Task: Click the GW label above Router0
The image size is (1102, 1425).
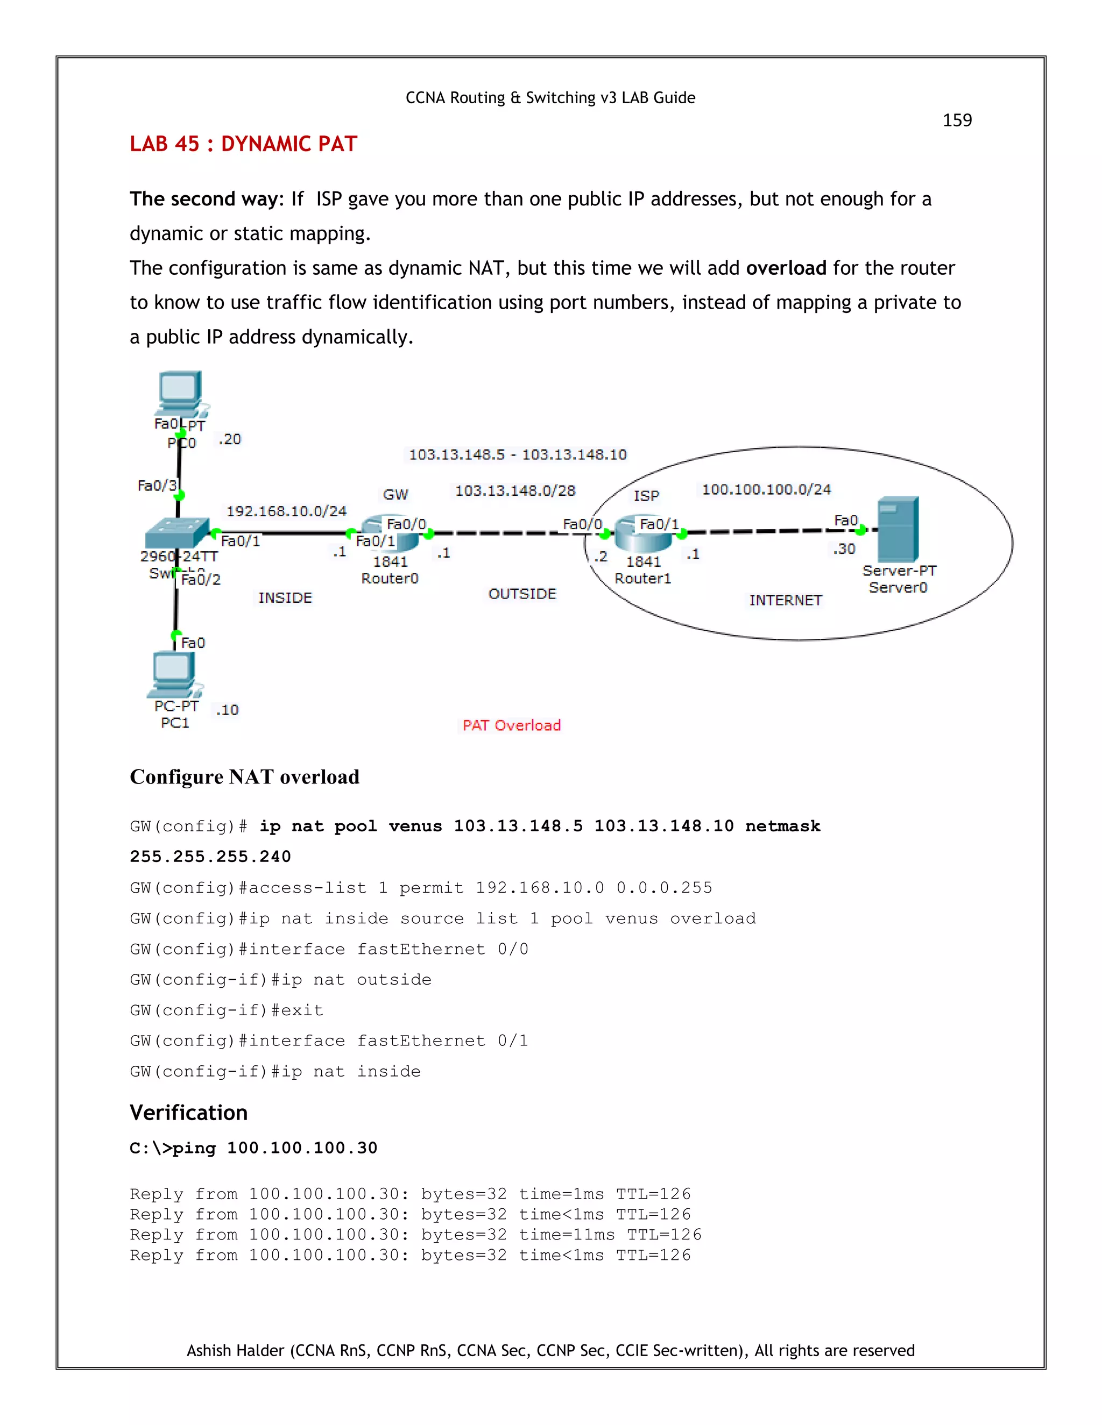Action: pos(395,495)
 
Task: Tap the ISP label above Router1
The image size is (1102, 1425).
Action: pos(646,496)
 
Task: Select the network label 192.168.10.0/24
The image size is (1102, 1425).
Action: pos(286,511)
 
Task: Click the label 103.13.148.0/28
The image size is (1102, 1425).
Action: pos(514,490)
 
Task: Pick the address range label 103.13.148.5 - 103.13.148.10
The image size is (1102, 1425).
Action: pos(517,455)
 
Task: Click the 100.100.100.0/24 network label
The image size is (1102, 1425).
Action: pos(766,489)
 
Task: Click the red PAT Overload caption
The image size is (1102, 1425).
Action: pos(511,725)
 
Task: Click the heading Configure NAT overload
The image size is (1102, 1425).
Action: pos(244,776)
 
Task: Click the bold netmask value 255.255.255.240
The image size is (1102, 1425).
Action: pos(210,856)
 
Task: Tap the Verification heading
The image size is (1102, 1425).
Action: pos(189,1113)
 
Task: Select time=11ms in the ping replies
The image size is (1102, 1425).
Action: pos(566,1235)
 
